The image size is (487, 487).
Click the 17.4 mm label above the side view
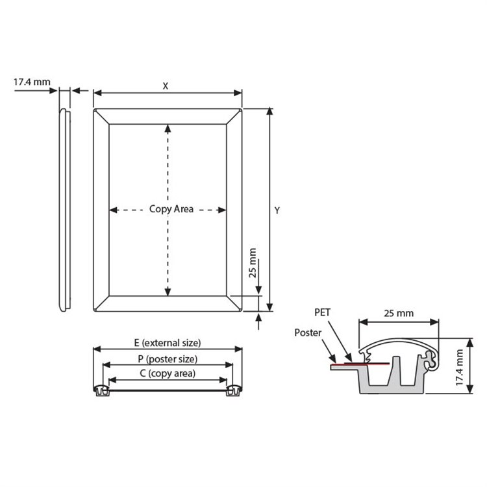coord(32,82)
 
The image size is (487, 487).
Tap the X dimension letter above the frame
coord(165,86)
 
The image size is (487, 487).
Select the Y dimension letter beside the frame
coord(277,210)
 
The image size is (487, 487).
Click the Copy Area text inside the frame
coord(171,209)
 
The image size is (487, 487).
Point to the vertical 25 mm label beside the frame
coord(253,263)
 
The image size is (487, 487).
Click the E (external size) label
coord(168,343)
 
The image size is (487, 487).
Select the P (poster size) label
coord(168,358)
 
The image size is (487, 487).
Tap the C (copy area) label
coord(168,373)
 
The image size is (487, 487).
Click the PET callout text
coord(322,312)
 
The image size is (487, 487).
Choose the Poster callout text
coord(308,332)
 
